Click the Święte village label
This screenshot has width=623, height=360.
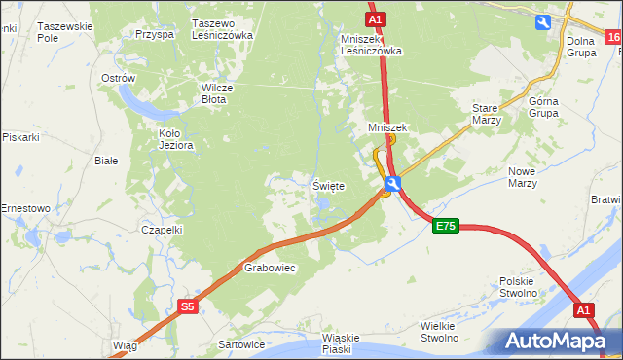[328, 186]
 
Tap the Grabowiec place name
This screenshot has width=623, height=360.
[269, 267]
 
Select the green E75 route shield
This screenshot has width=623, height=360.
[445, 227]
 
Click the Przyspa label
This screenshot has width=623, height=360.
[155, 33]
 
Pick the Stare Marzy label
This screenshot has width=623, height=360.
[486, 114]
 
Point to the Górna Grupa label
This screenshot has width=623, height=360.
[542, 106]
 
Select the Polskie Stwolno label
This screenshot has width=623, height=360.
[519, 286]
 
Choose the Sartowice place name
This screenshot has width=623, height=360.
[241, 344]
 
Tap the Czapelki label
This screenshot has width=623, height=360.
[162, 230]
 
